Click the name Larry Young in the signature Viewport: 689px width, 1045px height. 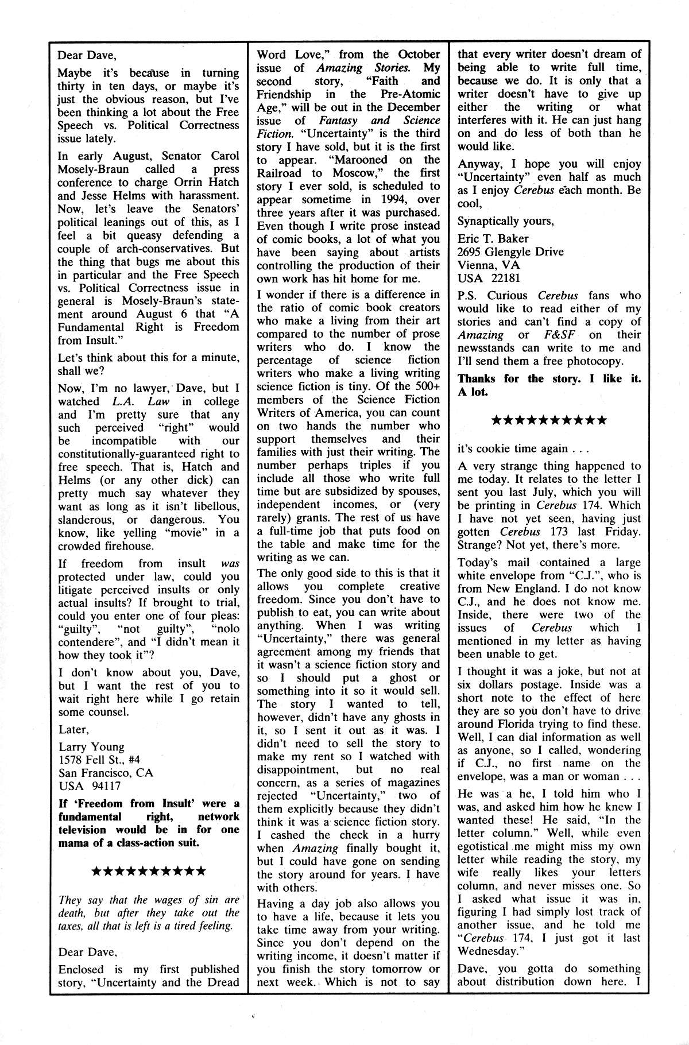coord(91,746)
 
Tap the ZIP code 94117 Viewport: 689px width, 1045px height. coord(107,786)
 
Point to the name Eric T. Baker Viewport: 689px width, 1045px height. coord(493,238)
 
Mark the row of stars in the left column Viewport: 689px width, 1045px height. coord(149,872)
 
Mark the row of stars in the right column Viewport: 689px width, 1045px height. coord(549,420)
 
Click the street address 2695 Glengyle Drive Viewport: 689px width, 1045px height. coord(510,251)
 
